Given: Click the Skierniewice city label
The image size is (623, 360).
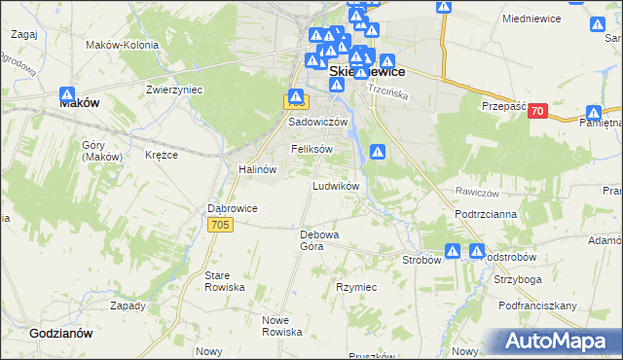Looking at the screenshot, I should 367,72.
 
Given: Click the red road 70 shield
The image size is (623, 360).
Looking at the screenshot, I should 536,112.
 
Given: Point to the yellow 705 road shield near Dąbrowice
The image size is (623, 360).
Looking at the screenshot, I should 220,225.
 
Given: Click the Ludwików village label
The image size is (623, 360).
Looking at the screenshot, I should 336,185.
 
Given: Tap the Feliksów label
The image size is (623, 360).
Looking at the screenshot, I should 312,149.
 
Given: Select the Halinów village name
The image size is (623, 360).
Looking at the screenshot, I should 258,168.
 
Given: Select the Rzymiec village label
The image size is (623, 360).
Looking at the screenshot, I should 356,287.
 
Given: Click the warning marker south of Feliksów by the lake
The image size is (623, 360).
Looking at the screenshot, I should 379,152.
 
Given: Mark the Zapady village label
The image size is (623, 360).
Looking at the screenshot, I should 128,305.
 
